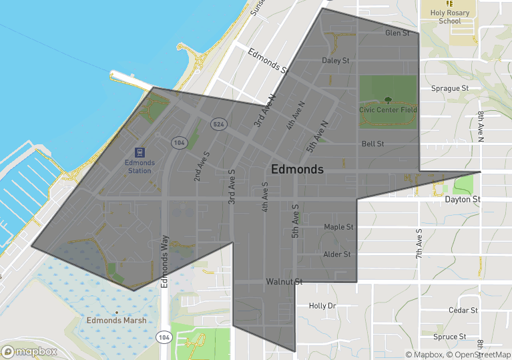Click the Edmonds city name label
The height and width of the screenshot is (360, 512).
298,169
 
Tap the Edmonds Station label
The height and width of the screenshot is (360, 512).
140,166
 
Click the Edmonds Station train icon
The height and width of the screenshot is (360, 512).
140,152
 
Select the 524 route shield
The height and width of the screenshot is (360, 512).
218,124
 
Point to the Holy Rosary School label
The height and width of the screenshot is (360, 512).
450,17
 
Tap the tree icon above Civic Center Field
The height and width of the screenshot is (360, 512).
388,98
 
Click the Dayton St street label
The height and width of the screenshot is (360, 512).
463,199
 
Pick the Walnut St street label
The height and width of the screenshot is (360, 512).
284,282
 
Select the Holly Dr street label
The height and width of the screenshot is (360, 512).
322,306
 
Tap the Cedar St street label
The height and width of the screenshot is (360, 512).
463,310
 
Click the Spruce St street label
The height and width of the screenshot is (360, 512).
449,337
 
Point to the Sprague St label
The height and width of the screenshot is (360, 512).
450,87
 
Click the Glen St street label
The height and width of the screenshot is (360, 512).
397,33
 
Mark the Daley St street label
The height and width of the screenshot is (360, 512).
336,61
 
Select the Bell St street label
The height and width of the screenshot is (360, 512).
372,144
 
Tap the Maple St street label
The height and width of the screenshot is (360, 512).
338,227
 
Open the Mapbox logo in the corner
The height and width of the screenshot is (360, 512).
30,351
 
